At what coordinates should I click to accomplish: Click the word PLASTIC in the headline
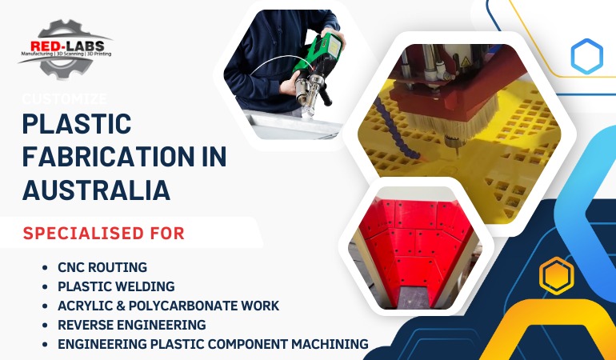[x=77, y=125]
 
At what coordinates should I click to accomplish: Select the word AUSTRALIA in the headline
[x=96, y=190]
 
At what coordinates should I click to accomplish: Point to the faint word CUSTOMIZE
[x=65, y=98]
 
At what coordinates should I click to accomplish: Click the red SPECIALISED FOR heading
[x=104, y=234]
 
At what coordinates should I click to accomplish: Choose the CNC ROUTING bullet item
[x=102, y=267]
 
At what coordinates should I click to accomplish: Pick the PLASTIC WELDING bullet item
[x=116, y=286]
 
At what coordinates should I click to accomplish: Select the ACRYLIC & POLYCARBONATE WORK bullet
[x=168, y=306]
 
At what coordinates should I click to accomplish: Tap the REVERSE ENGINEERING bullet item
[x=131, y=325]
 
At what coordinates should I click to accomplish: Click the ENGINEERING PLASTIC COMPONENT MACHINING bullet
[x=213, y=344]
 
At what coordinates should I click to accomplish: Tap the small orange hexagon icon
[x=555, y=276]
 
